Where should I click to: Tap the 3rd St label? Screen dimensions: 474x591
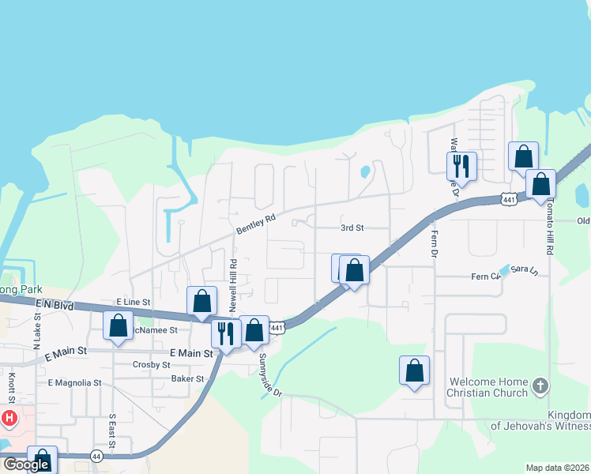click(x=352, y=228)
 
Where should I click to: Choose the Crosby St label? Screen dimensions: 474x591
click(x=152, y=365)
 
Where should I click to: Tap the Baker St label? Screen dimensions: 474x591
click(x=189, y=379)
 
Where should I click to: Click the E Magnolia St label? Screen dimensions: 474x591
click(x=75, y=383)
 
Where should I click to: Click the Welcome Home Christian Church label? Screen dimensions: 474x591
click(x=487, y=387)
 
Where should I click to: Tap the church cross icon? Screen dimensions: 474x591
click(x=540, y=386)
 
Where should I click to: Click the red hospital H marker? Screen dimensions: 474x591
click(x=9, y=416)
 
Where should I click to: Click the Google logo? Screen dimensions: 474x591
click(x=26, y=465)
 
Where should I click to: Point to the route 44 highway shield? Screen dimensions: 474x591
click(x=96, y=457)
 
